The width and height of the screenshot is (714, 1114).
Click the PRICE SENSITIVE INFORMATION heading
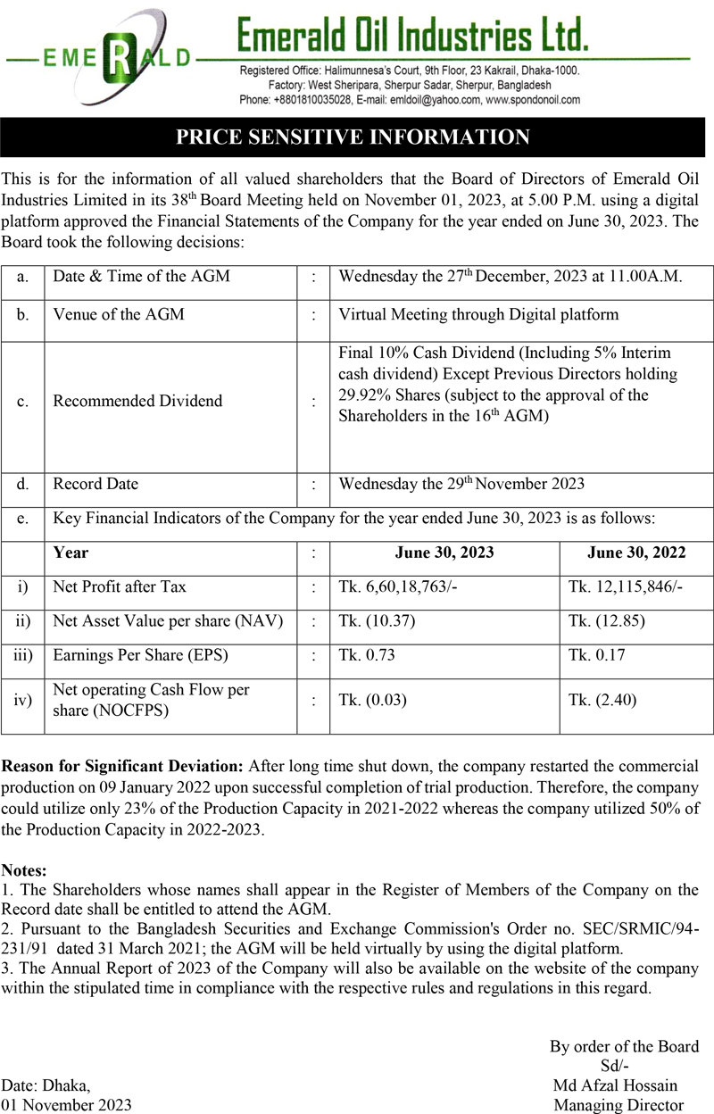point(353,137)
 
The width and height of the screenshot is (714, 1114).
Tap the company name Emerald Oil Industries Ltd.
point(412,36)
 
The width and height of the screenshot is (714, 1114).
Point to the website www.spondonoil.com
point(533,100)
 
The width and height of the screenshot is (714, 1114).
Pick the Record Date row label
point(95,484)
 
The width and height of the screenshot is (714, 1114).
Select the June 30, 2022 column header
point(636,553)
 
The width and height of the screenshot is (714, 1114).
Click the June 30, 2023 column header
point(444,553)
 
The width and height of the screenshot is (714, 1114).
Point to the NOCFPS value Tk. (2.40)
point(602,700)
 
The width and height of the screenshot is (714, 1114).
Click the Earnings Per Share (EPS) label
point(140,654)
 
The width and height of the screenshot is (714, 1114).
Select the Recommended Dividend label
point(137,401)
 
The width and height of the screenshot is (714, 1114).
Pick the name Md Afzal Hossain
point(615,1085)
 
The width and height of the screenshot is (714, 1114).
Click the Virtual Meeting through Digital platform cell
point(478,314)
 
